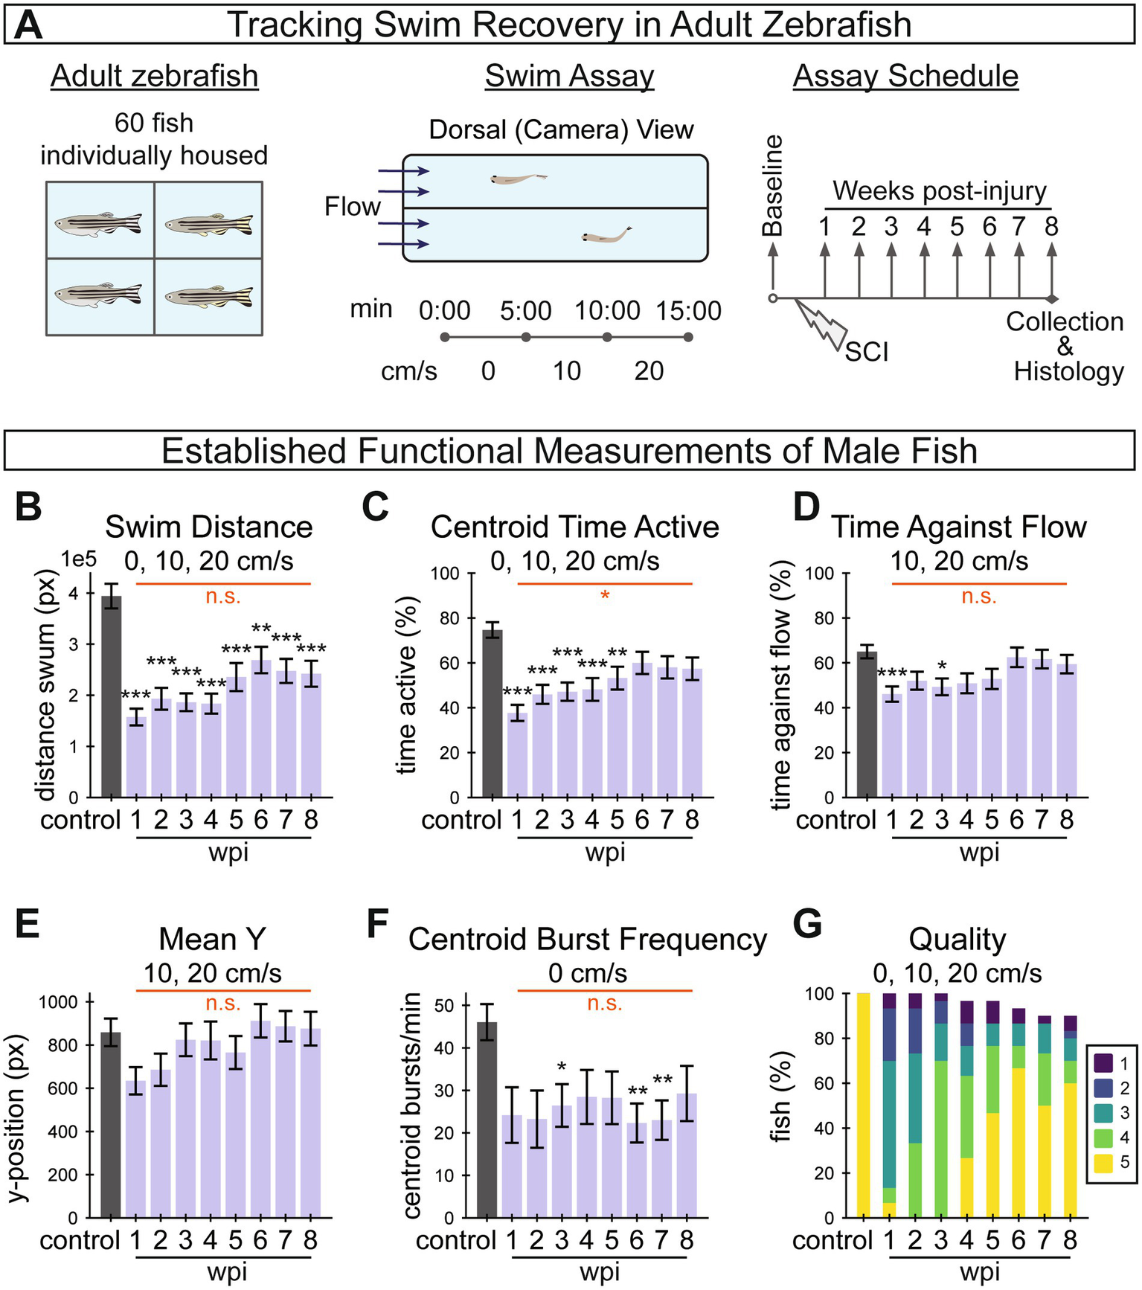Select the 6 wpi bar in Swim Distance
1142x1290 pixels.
260,729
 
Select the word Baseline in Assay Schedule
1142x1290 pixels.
773,186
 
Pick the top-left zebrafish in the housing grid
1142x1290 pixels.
98,222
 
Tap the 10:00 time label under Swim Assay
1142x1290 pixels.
607,311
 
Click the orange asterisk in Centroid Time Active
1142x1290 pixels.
605,596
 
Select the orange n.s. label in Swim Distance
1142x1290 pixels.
223,596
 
